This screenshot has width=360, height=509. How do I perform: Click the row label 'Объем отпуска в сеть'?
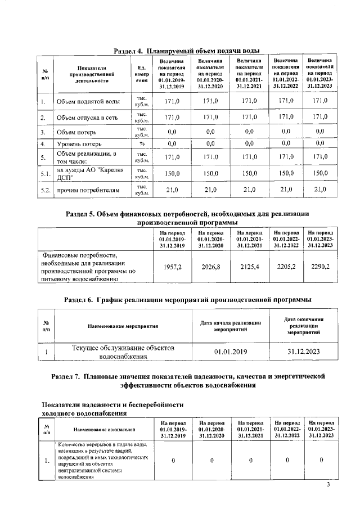tap(88, 118)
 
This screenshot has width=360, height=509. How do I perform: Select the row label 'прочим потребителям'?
tap(88, 191)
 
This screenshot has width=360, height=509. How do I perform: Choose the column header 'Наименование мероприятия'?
tap(122, 326)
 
